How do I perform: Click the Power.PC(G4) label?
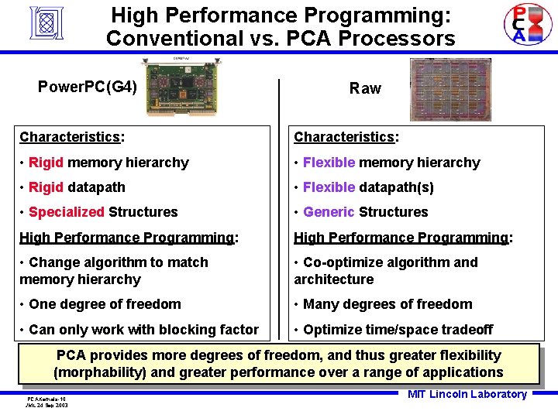click(88, 86)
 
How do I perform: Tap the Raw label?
click(365, 88)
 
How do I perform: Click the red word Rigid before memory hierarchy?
click(46, 163)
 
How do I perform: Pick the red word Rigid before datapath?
click(46, 187)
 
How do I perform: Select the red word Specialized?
click(67, 212)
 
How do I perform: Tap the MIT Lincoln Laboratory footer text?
click(467, 394)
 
